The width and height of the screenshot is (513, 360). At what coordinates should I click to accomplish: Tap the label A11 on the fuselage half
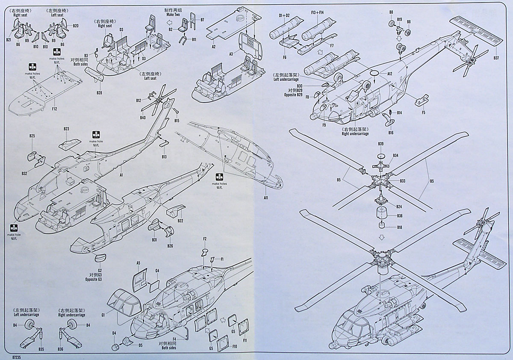[x=265, y=198]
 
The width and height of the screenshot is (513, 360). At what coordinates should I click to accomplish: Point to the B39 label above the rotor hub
[x=381, y=144]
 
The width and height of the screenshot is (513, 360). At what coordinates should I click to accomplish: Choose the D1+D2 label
[x=284, y=15]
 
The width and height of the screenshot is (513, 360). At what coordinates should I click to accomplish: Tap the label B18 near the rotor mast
[x=399, y=227]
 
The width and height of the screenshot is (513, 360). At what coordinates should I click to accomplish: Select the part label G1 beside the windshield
[x=103, y=315]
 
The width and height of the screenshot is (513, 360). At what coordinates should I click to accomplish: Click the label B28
[x=99, y=92]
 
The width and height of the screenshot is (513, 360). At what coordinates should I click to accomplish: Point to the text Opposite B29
[x=295, y=94]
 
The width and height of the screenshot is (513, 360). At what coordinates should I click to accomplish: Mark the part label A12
[x=389, y=74]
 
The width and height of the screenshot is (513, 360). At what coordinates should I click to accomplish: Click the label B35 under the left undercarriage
[x=41, y=349]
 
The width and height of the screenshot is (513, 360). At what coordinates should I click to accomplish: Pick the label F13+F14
[x=318, y=13]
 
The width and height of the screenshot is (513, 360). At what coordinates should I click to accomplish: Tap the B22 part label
[x=180, y=221]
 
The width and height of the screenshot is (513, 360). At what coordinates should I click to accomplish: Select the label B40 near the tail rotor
[x=143, y=118]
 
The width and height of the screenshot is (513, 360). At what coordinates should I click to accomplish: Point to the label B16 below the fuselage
[x=391, y=133]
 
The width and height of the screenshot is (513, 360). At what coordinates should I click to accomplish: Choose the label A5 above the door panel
[x=138, y=263]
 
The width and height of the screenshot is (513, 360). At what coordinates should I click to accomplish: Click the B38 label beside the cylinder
[x=399, y=215]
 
